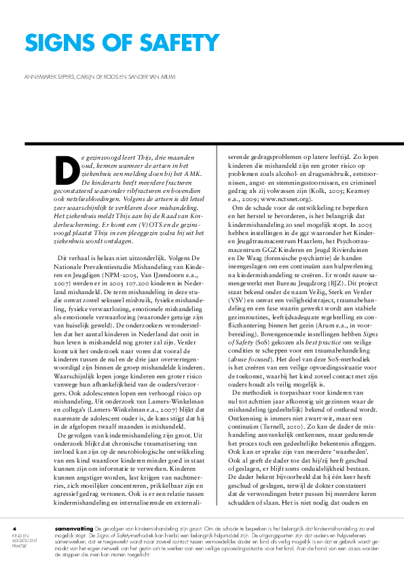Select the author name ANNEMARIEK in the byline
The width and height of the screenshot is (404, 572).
point(42,76)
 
